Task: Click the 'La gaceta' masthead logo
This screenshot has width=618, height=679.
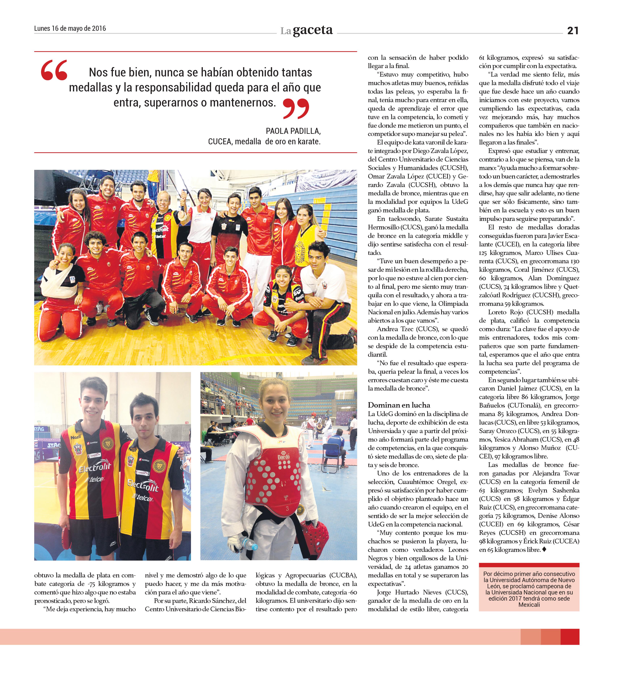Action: click(306, 31)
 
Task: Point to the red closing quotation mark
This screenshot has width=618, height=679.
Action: click(296, 108)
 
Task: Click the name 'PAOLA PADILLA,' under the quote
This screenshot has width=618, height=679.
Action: click(293, 131)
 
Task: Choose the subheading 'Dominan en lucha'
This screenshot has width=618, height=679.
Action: click(399, 405)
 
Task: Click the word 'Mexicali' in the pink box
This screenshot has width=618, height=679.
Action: click(529, 605)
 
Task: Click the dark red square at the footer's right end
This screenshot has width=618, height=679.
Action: click(570, 637)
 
